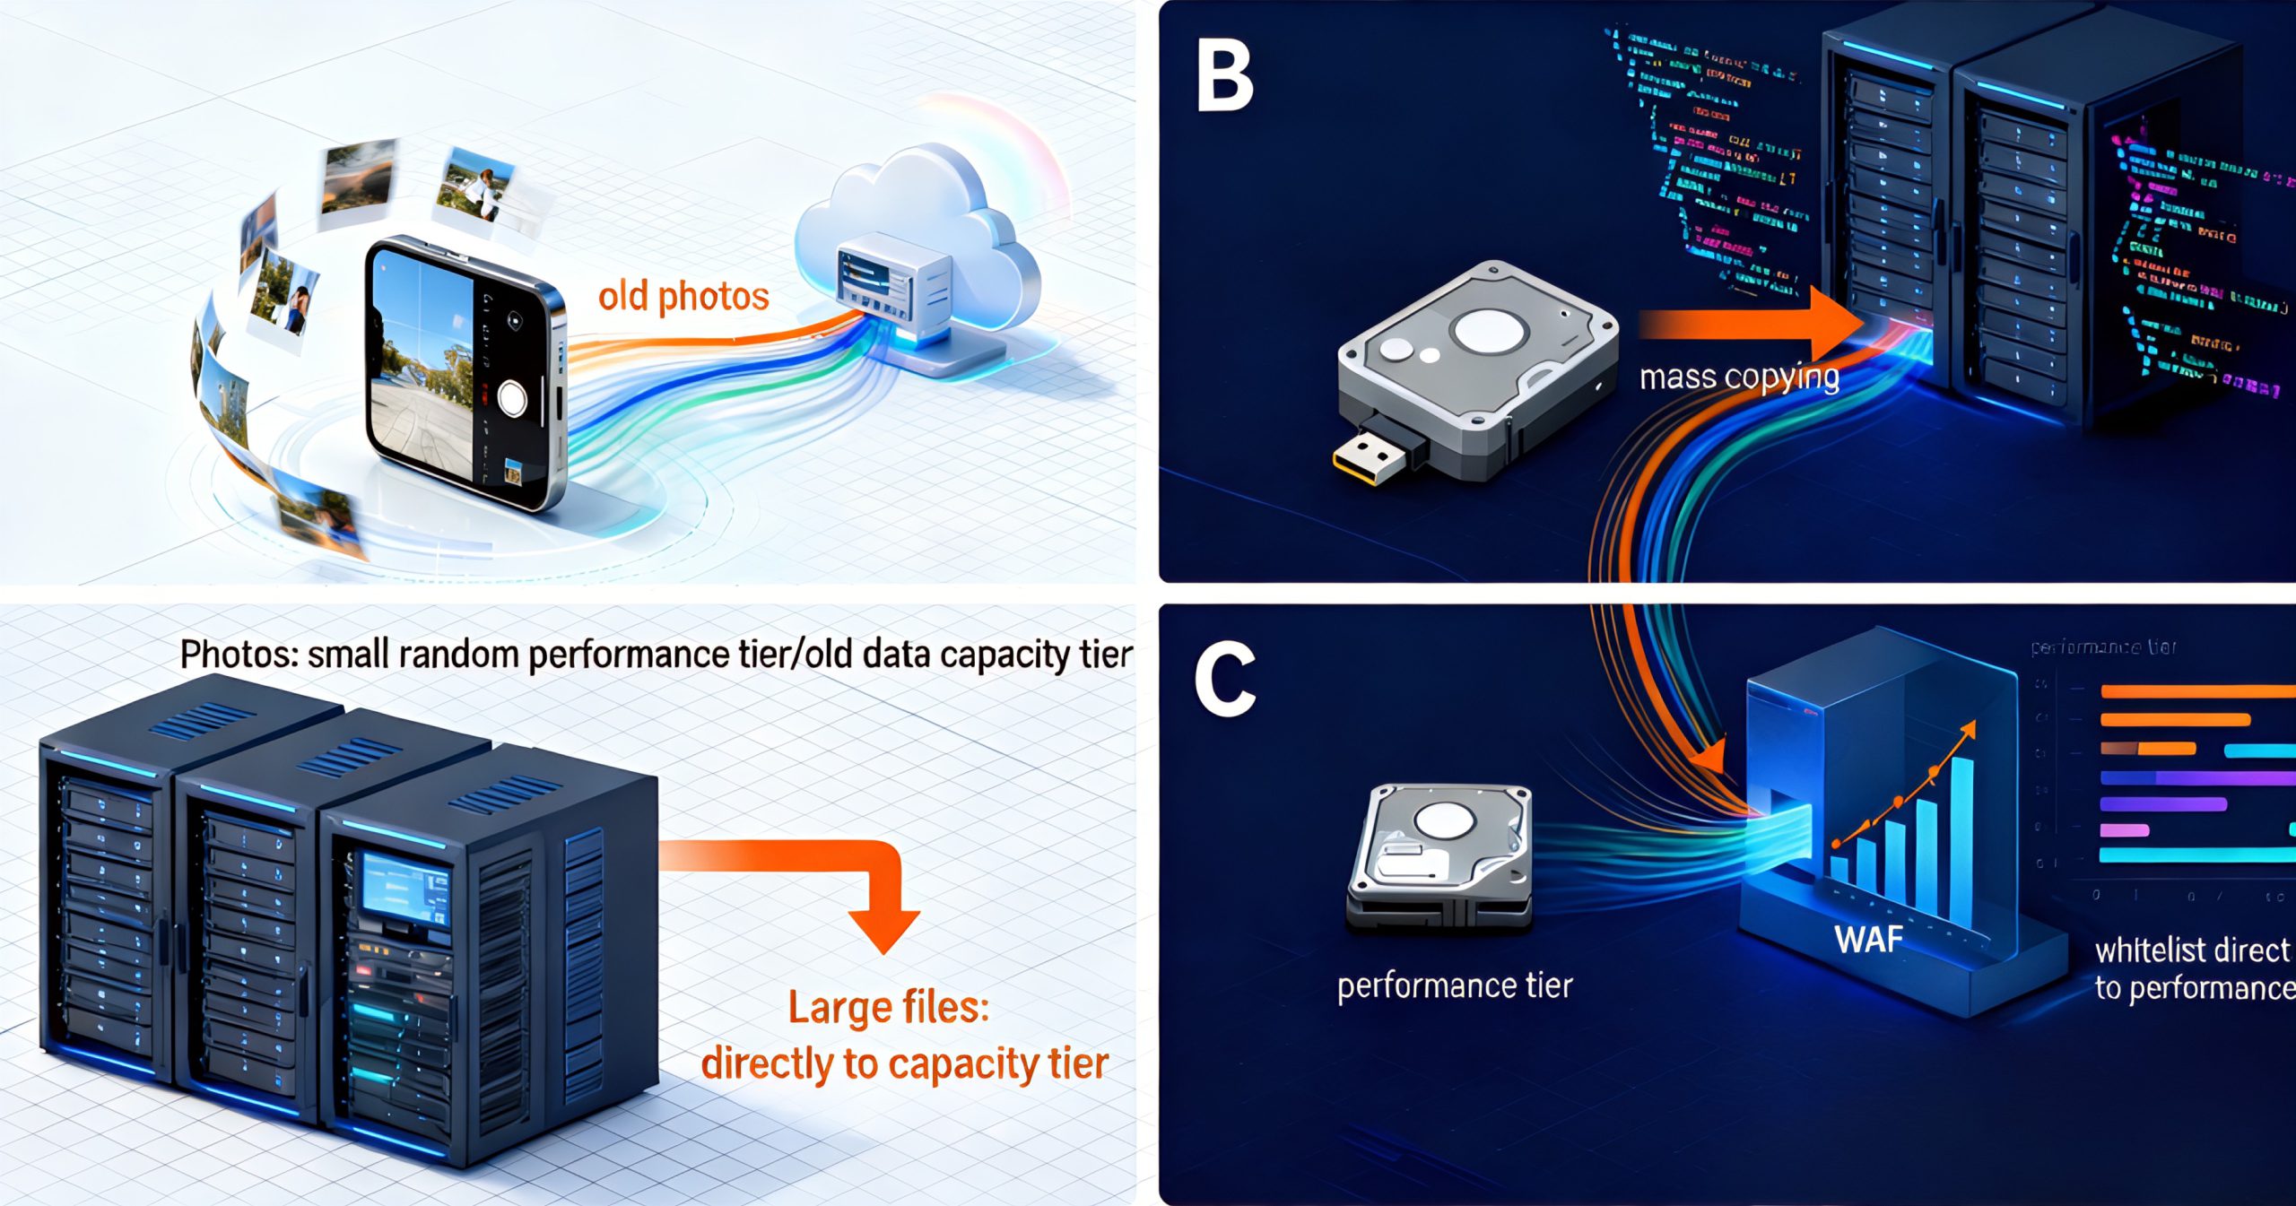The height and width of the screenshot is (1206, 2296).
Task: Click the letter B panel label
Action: point(1225,79)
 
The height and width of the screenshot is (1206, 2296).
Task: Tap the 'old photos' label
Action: point(683,297)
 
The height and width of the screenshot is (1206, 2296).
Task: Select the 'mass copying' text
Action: point(1739,377)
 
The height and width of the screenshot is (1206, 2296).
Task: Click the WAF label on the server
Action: point(1868,940)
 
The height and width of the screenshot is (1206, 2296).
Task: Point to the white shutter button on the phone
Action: point(512,398)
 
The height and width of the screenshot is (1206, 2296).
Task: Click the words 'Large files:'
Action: point(889,1008)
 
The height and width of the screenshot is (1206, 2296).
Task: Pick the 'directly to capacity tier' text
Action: point(905,1064)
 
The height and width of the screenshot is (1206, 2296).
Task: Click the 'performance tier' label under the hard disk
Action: point(1455,986)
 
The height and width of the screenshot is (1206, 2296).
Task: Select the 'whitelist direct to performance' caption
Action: point(2193,968)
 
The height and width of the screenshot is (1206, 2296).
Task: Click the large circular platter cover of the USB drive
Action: point(1490,331)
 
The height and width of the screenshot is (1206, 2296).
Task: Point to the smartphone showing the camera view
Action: point(462,372)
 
